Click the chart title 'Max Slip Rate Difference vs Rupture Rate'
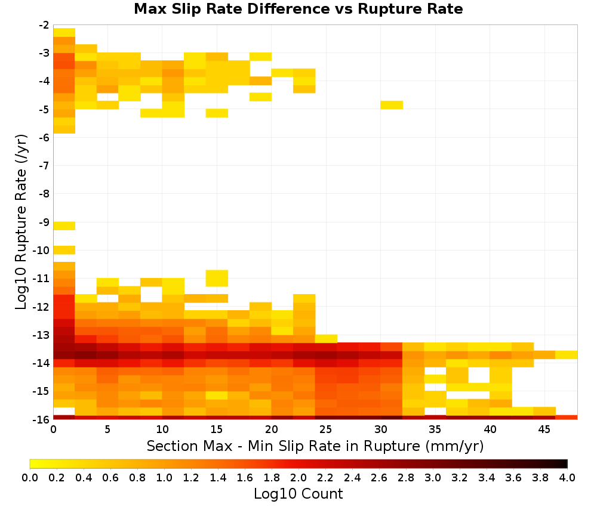click(298, 9)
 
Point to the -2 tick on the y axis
click(44, 26)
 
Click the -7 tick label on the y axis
click(44, 166)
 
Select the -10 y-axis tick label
click(41, 251)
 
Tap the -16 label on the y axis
click(41, 419)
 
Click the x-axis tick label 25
click(325, 429)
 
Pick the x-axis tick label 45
click(544, 429)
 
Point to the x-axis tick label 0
click(53, 429)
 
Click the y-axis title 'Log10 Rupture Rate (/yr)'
click(21, 222)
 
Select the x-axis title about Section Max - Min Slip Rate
click(315, 446)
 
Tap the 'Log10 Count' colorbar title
click(298, 494)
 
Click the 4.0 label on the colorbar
click(567, 478)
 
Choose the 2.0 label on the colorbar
click(298, 478)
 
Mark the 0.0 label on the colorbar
click(30, 478)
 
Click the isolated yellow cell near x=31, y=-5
click(392, 105)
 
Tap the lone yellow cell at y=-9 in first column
click(64, 226)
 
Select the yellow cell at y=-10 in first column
click(64, 251)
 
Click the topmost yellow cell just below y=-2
click(64, 32)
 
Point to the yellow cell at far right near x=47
click(566, 355)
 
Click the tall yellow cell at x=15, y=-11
click(217, 278)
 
